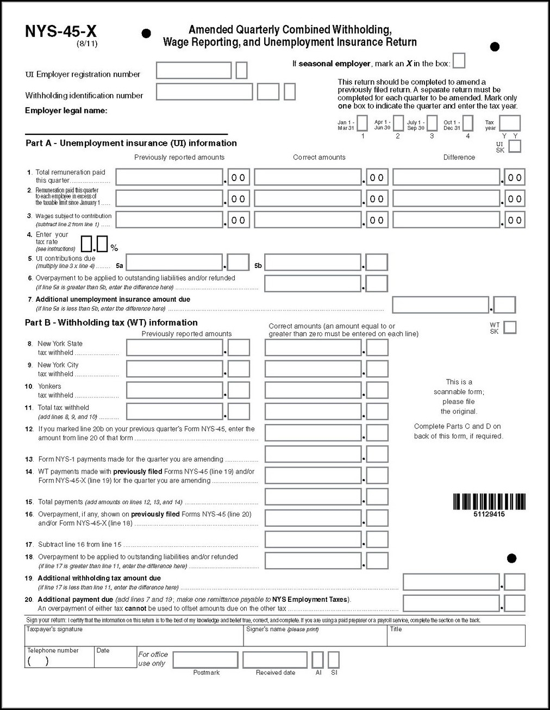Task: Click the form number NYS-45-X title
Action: pyautogui.click(x=61, y=32)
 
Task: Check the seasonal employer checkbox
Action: pyautogui.click(x=459, y=61)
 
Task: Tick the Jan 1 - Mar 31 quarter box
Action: pyautogui.click(x=362, y=123)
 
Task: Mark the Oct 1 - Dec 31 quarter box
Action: pyautogui.click(x=467, y=123)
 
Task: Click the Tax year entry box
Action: pyautogui.click(x=510, y=123)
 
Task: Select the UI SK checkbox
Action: pyautogui.click(x=514, y=146)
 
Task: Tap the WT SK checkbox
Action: pyautogui.click(x=510, y=327)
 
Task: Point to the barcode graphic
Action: pyautogui.click(x=489, y=501)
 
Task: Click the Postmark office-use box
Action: pyautogui.click(x=206, y=660)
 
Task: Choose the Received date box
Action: pyautogui.click(x=275, y=660)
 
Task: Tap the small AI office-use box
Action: pyautogui.click(x=318, y=660)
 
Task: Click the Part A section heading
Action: pyautogui.click(x=131, y=144)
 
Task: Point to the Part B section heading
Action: pyautogui.click(x=111, y=323)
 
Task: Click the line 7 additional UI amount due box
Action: pyautogui.click(x=441, y=305)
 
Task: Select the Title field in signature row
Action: pyautogui.click(x=455, y=636)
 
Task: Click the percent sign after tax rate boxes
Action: pyautogui.click(x=114, y=248)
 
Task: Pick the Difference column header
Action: pyautogui.click(x=459, y=158)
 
